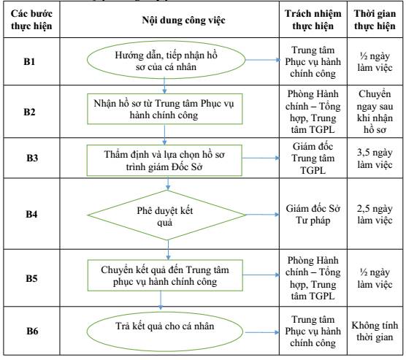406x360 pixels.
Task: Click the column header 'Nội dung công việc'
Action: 183,20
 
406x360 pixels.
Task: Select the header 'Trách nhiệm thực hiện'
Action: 313,20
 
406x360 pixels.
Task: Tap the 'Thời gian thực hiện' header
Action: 375,20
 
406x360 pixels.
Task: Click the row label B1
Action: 29,61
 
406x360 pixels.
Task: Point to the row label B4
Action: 31,214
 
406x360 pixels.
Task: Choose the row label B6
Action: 32,331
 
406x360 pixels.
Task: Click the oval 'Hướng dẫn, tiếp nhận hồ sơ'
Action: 166,60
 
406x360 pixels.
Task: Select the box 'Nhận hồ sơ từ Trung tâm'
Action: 165,109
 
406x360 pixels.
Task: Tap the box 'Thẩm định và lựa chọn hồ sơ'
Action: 164,161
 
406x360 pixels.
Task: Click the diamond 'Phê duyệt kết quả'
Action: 166,215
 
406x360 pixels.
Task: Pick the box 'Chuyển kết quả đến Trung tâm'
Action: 165,275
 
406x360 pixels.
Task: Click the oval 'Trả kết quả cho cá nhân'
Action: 165,332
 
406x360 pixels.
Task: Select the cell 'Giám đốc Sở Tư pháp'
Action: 313,215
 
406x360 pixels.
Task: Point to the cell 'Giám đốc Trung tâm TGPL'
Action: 313,158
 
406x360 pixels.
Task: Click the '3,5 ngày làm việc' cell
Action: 375,158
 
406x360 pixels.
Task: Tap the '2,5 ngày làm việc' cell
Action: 375,214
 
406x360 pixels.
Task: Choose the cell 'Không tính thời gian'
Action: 375,331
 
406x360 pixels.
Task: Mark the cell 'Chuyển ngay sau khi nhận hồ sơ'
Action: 375,112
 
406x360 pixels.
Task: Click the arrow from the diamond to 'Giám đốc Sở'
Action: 262,215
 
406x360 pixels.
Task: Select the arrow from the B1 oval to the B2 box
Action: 164,85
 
